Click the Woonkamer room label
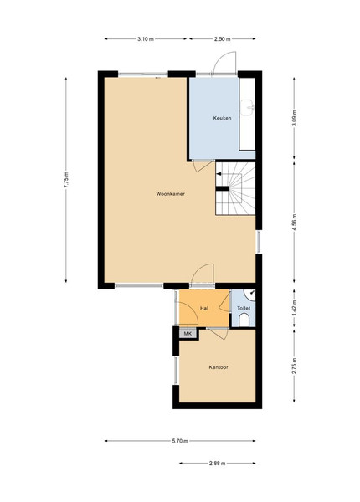tap(171, 194)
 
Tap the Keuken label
tap(222, 118)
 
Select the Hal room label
tap(204, 308)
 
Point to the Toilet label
tap(244, 308)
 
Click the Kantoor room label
tap(219, 367)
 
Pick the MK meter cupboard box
tap(188, 334)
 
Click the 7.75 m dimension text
tap(66, 180)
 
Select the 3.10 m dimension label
tap(146, 39)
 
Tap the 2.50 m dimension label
tap(222, 39)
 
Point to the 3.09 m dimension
tap(295, 118)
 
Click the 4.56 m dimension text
tap(295, 222)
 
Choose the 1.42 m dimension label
tap(295, 308)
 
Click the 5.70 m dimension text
tap(180, 441)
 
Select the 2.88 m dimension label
tap(217, 463)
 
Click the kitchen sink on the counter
tap(248, 107)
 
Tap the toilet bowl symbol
tap(244, 320)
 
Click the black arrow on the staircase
tap(219, 174)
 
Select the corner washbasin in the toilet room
tap(251, 295)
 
